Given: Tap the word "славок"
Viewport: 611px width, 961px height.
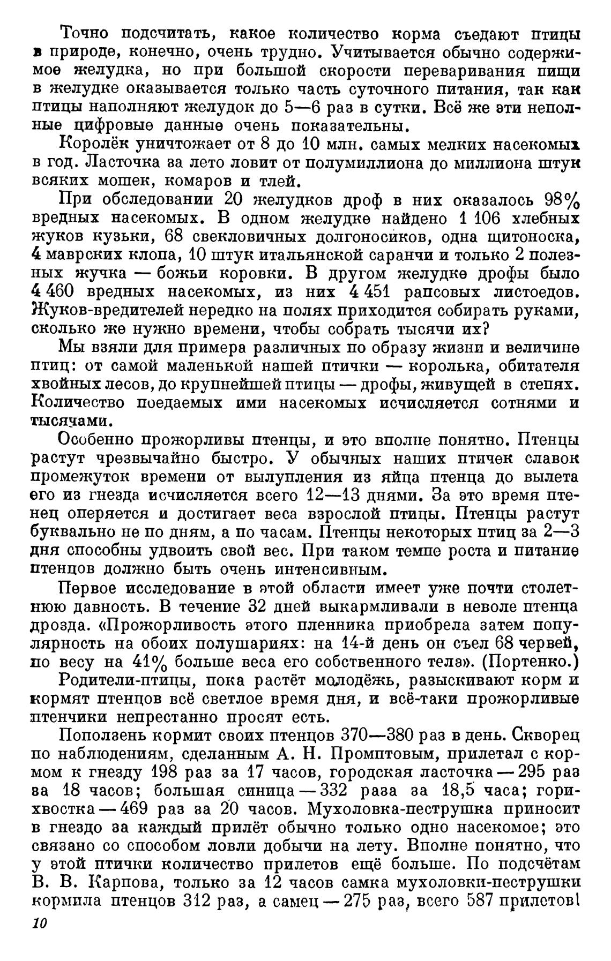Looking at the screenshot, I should [552, 459].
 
